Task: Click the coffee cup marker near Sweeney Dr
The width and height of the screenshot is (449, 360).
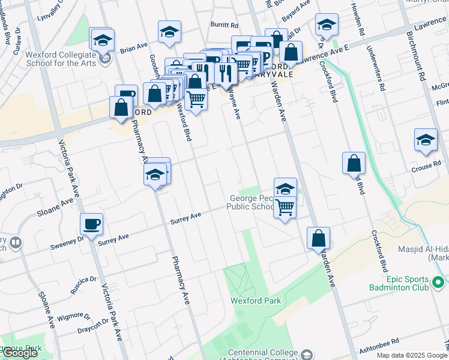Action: tap(92, 224)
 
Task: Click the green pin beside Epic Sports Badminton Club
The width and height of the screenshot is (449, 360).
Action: tap(438, 280)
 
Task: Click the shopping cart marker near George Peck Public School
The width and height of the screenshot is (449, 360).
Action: tap(286, 208)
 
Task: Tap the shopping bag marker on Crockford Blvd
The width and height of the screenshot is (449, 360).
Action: tap(354, 163)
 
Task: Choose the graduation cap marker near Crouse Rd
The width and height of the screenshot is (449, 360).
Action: tap(426, 140)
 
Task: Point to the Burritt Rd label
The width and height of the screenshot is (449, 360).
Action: tap(224, 26)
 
